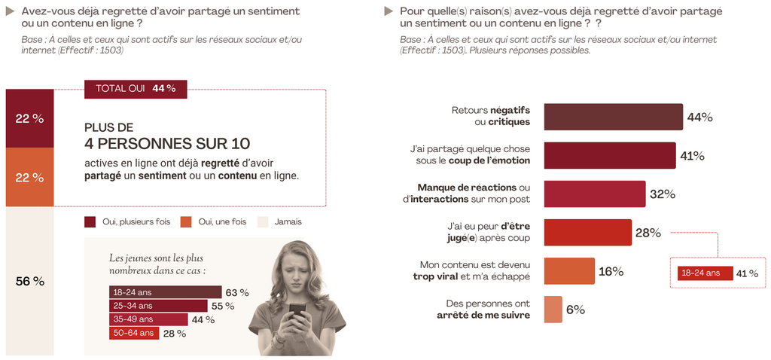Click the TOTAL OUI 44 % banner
[136, 88]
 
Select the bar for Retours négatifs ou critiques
[613, 117]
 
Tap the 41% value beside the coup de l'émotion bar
[692, 156]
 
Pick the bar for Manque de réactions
[594, 194]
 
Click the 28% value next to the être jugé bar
[648, 233]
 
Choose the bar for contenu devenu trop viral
[568, 271]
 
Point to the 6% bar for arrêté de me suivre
[553, 310]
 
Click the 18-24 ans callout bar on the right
[705, 273]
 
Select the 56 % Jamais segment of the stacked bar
[30, 280]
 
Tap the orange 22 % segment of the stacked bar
[30, 177]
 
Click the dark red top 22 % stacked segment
[30, 118]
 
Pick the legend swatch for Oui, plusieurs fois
[90, 222]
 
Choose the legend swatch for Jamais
[263, 222]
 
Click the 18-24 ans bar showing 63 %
[165, 292]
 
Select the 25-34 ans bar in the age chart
[157, 306]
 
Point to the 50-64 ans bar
[133, 333]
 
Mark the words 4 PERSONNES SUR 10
[167, 143]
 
